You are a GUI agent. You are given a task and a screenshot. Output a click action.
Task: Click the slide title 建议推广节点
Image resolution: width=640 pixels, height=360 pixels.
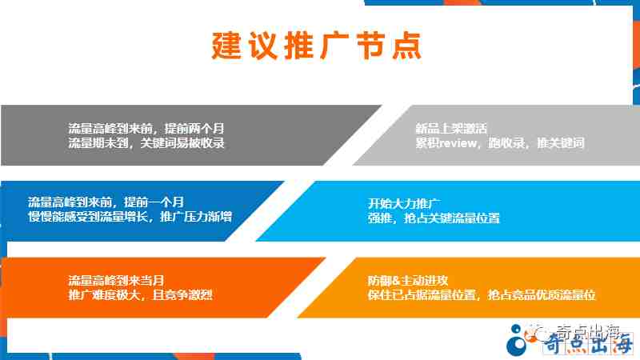[316, 46]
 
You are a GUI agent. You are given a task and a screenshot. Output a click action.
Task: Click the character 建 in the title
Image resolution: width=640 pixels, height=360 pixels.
[226, 46]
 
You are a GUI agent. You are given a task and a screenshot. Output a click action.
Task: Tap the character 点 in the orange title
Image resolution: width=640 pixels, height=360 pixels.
[407, 46]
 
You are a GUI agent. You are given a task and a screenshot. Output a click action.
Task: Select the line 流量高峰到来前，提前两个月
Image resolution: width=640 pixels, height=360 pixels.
[146, 129]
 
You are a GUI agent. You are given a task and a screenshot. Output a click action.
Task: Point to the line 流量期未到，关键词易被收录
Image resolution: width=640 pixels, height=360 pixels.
[146, 143]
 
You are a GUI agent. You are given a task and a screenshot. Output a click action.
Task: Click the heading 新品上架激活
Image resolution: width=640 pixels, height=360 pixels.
[451, 129]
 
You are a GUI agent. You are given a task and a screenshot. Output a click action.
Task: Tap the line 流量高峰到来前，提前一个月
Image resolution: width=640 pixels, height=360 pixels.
[106, 202]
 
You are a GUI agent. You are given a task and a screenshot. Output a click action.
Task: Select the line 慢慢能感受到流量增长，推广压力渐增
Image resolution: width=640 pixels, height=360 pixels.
[130, 216]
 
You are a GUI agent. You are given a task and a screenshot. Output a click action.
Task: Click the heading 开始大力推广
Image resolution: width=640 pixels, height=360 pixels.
[403, 204]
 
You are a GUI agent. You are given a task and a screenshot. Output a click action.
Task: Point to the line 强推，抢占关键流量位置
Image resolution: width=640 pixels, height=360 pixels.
[434, 218]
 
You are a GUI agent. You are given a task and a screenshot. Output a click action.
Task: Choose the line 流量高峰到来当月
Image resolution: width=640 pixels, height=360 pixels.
[116, 281]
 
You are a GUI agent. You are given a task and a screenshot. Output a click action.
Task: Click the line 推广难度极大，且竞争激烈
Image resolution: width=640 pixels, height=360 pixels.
[140, 294]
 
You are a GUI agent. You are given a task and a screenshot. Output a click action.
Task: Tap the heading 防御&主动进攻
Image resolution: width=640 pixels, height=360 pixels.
[408, 281]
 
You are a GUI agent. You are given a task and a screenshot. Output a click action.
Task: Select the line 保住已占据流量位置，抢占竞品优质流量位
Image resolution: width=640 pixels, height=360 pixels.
[482, 294]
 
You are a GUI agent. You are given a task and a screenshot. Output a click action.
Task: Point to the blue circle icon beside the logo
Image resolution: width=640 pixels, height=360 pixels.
[517, 340]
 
